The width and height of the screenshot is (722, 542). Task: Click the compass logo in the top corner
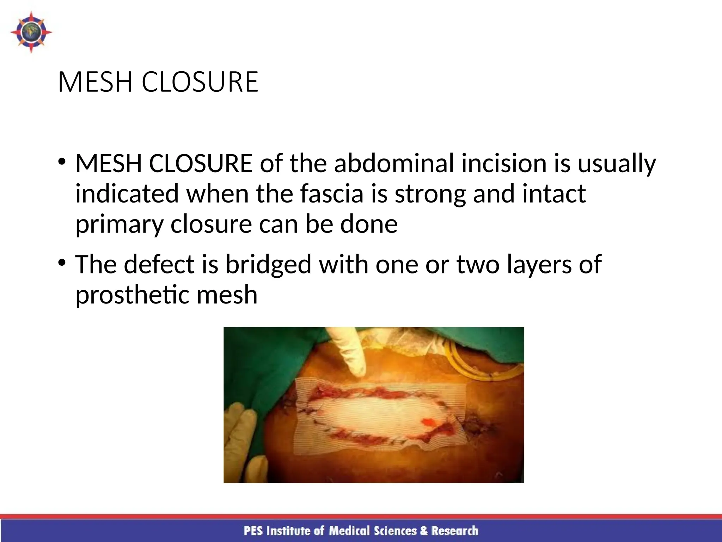click(31, 32)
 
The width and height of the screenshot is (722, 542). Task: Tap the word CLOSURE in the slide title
click(200, 82)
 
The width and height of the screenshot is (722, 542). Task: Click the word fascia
click(332, 194)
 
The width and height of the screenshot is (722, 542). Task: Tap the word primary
click(119, 225)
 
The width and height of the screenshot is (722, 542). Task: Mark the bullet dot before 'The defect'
click(62, 263)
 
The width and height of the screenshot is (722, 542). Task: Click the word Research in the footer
click(455, 531)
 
